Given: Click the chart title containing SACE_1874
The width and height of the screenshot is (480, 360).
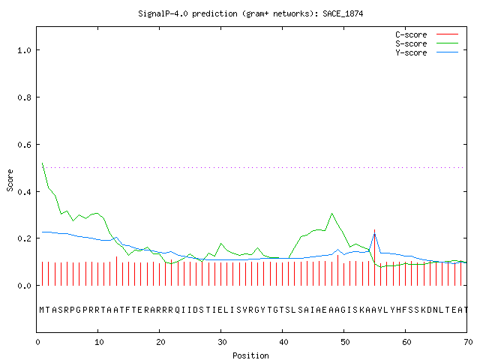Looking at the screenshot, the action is (x=250, y=13).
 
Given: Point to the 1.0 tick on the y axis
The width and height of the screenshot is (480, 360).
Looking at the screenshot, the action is (x=25, y=50).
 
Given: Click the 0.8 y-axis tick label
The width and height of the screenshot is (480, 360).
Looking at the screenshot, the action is (x=25, y=97).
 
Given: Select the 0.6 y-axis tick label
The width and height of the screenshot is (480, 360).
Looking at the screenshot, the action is (x=25, y=145).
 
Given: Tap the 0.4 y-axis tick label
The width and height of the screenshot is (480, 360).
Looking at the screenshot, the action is (x=25, y=192).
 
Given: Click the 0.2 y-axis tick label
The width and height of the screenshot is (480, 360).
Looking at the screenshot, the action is (x=25, y=238).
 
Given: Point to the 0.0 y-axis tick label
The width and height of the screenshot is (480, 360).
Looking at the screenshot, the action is (x=25, y=286).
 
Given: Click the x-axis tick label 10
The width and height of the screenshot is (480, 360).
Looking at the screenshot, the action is (x=99, y=342).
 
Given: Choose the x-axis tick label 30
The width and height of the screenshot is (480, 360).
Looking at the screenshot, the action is (x=222, y=342).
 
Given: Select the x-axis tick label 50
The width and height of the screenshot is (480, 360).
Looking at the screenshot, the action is (x=345, y=342).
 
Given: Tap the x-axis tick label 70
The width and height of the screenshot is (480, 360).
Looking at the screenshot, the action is (x=468, y=342).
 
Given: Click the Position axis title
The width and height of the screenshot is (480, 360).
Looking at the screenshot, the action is (x=250, y=355).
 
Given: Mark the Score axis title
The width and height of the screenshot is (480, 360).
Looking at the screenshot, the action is (x=10, y=180).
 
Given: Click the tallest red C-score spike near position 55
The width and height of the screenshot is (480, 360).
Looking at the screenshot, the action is (x=374, y=257).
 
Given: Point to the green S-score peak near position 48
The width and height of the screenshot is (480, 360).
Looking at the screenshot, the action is (x=331, y=213).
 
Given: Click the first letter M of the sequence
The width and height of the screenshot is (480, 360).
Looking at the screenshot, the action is (x=42, y=310).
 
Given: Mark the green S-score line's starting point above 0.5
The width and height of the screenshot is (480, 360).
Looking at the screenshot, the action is (x=42, y=163).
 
